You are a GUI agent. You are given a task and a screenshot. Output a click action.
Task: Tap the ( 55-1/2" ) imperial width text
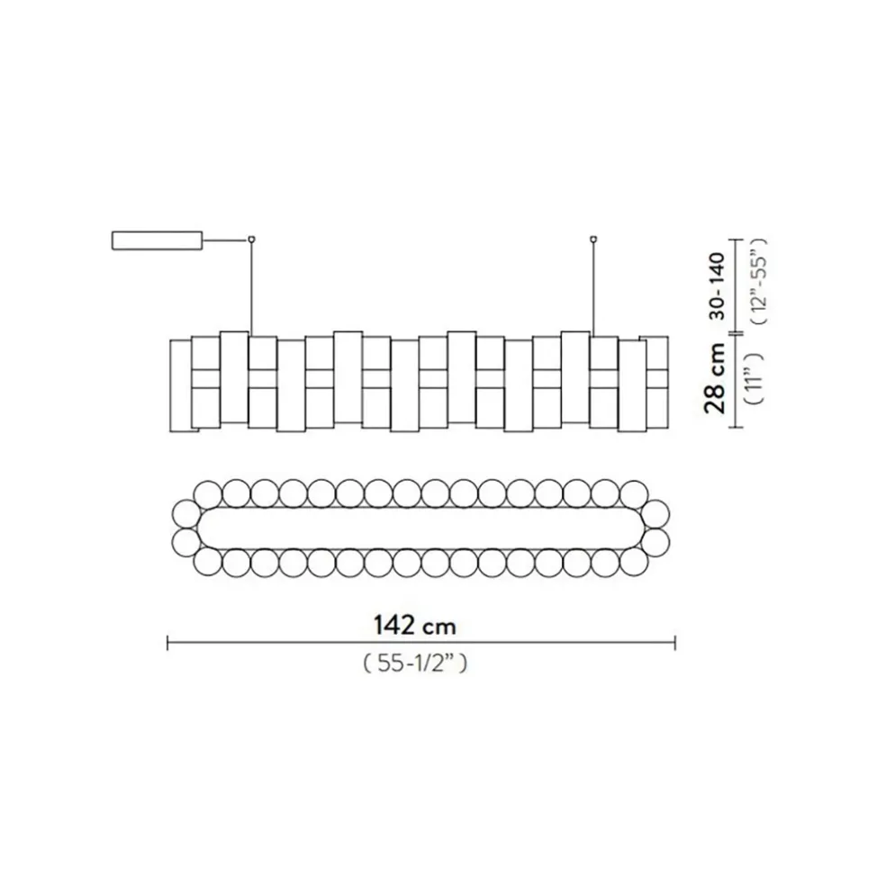[x=414, y=664]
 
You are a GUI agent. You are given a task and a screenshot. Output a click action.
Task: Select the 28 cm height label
[x=716, y=376]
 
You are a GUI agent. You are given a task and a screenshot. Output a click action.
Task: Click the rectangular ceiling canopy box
[x=156, y=240]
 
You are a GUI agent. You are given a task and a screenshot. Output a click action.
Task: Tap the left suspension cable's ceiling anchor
[x=251, y=239]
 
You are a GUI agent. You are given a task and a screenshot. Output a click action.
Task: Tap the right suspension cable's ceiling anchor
[x=593, y=239]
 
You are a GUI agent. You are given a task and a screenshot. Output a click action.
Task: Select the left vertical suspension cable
[x=251, y=288]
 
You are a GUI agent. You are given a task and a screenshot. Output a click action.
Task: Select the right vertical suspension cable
[x=593, y=288]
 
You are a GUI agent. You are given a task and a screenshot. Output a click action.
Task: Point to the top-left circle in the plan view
[x=207, y=493]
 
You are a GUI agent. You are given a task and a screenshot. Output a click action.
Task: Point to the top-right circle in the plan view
[x=634, y=493]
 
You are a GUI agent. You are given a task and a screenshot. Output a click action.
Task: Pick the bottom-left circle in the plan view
[x=207, y=564]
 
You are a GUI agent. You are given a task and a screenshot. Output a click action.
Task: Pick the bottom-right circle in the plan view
[x=634, y=564]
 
